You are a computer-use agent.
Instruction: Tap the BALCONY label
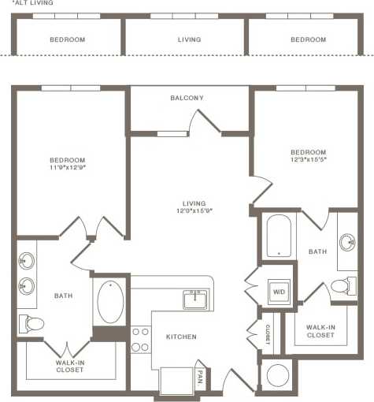(187, 98)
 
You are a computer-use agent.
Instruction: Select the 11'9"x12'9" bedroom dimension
(67, 167)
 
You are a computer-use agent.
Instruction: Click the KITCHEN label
(180, 337)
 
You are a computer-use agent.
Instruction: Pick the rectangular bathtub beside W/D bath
(278, 234)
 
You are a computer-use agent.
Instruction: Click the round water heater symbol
(279, 376)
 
